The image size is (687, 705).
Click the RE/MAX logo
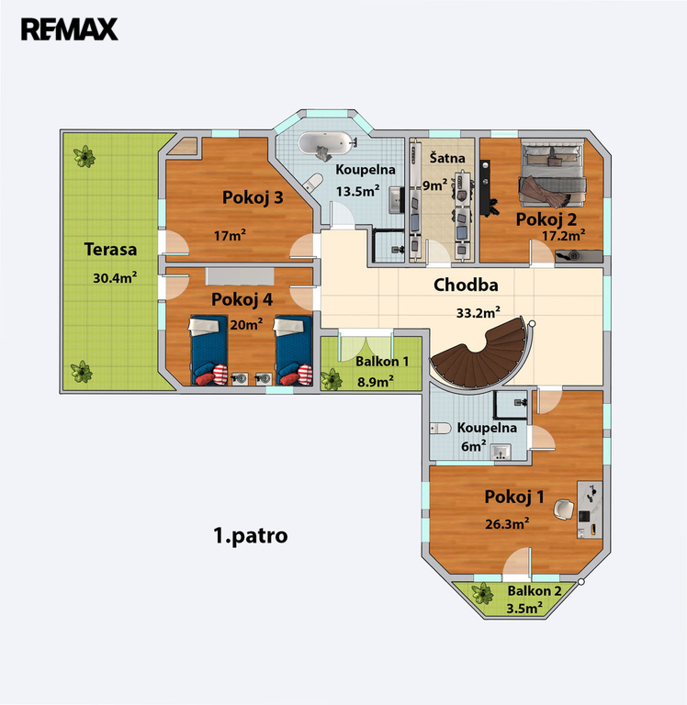[69, 29]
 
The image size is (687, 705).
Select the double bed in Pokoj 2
[554, 173]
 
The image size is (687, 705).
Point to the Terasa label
[110, 249]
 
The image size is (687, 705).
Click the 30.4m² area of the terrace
[115, 277]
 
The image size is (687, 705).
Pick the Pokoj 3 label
[253, 197]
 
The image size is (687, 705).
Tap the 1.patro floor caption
[250, 535]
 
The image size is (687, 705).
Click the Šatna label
[447, 157]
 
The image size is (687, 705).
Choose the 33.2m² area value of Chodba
[479, 312]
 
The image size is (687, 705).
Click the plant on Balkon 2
[483, 594]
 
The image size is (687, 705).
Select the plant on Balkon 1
[332, 379]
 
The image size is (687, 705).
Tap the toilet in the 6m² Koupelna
[440, 429]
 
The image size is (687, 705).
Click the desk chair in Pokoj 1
[563, 509]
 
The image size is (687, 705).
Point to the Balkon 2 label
[535, 591]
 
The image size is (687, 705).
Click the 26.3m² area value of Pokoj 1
[507, 523]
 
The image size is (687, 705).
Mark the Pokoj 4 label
[242, 299]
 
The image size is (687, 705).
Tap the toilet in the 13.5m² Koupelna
[312, 182]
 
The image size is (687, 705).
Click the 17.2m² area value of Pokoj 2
[563, 235]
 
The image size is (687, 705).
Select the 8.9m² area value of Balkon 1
[376, 382]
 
